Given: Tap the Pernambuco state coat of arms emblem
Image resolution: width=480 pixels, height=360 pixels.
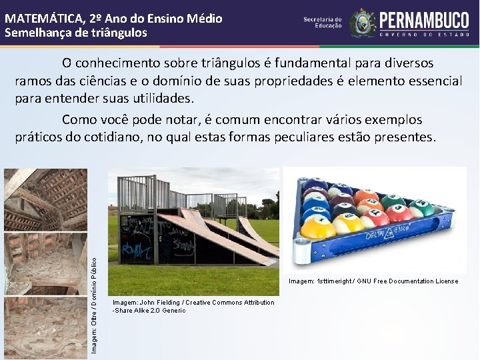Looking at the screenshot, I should tap(363, 23).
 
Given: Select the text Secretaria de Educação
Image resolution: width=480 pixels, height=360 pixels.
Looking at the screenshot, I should tap(323, 23).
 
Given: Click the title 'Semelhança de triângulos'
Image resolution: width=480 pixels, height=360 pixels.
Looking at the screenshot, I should tap(76, 32).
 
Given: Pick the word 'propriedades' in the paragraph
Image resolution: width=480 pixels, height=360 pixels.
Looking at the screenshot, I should tap(278, 81).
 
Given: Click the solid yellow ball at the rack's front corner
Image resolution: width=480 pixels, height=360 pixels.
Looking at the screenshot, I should tap(318, 228).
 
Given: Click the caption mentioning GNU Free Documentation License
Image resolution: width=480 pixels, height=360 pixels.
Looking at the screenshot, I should tap(373, 281).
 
